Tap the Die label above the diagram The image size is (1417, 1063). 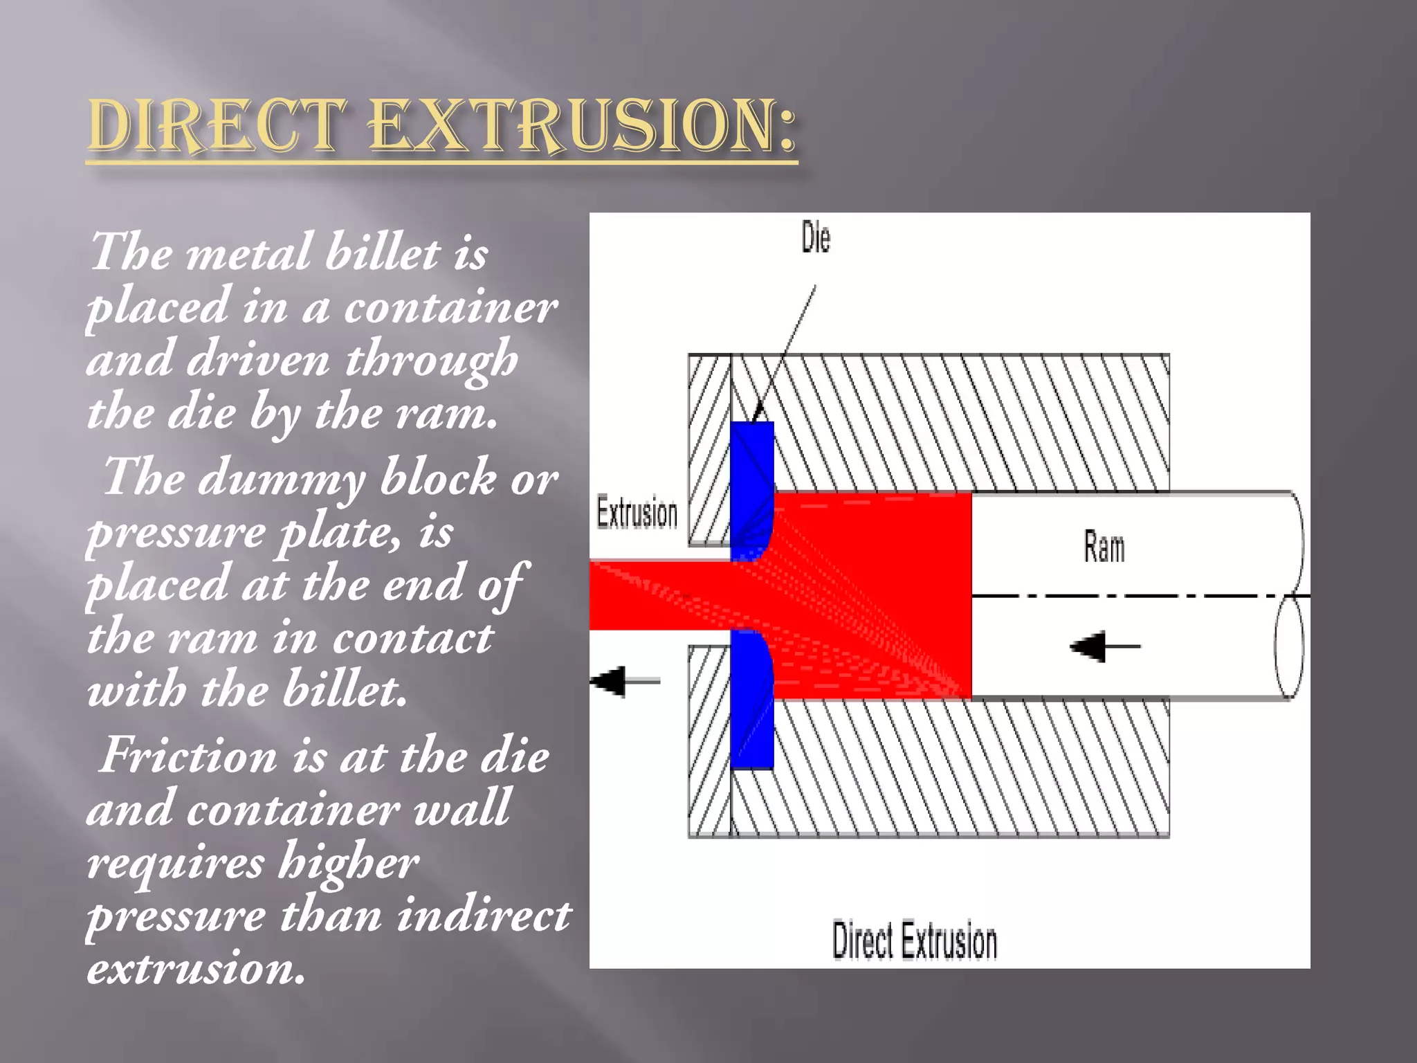coord(816,238)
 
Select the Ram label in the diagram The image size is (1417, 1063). coord(1104,547)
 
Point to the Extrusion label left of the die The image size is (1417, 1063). coord(637,514)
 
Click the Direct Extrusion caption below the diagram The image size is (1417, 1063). coord(914,941)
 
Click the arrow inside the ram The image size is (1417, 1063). coord(1104,647)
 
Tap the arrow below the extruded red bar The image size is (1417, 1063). coord(625,681)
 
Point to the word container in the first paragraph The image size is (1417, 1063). coord(450,307)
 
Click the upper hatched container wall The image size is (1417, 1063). coord(969,422)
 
